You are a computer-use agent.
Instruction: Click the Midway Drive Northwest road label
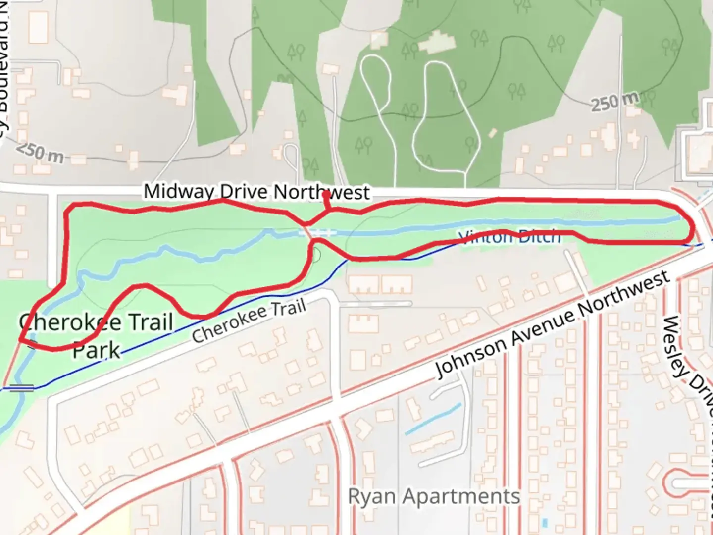[x=256, y=192]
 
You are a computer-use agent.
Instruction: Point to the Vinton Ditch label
[x=510, y=237]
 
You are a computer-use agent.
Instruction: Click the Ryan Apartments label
[x=434, y=496]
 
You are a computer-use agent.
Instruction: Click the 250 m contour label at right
[x=614, y=102]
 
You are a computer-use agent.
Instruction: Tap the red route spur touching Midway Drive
[x=325, y=201]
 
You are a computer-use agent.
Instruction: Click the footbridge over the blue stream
[x=317, y=232]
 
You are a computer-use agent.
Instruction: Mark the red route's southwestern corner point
[x=21, y=340]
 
